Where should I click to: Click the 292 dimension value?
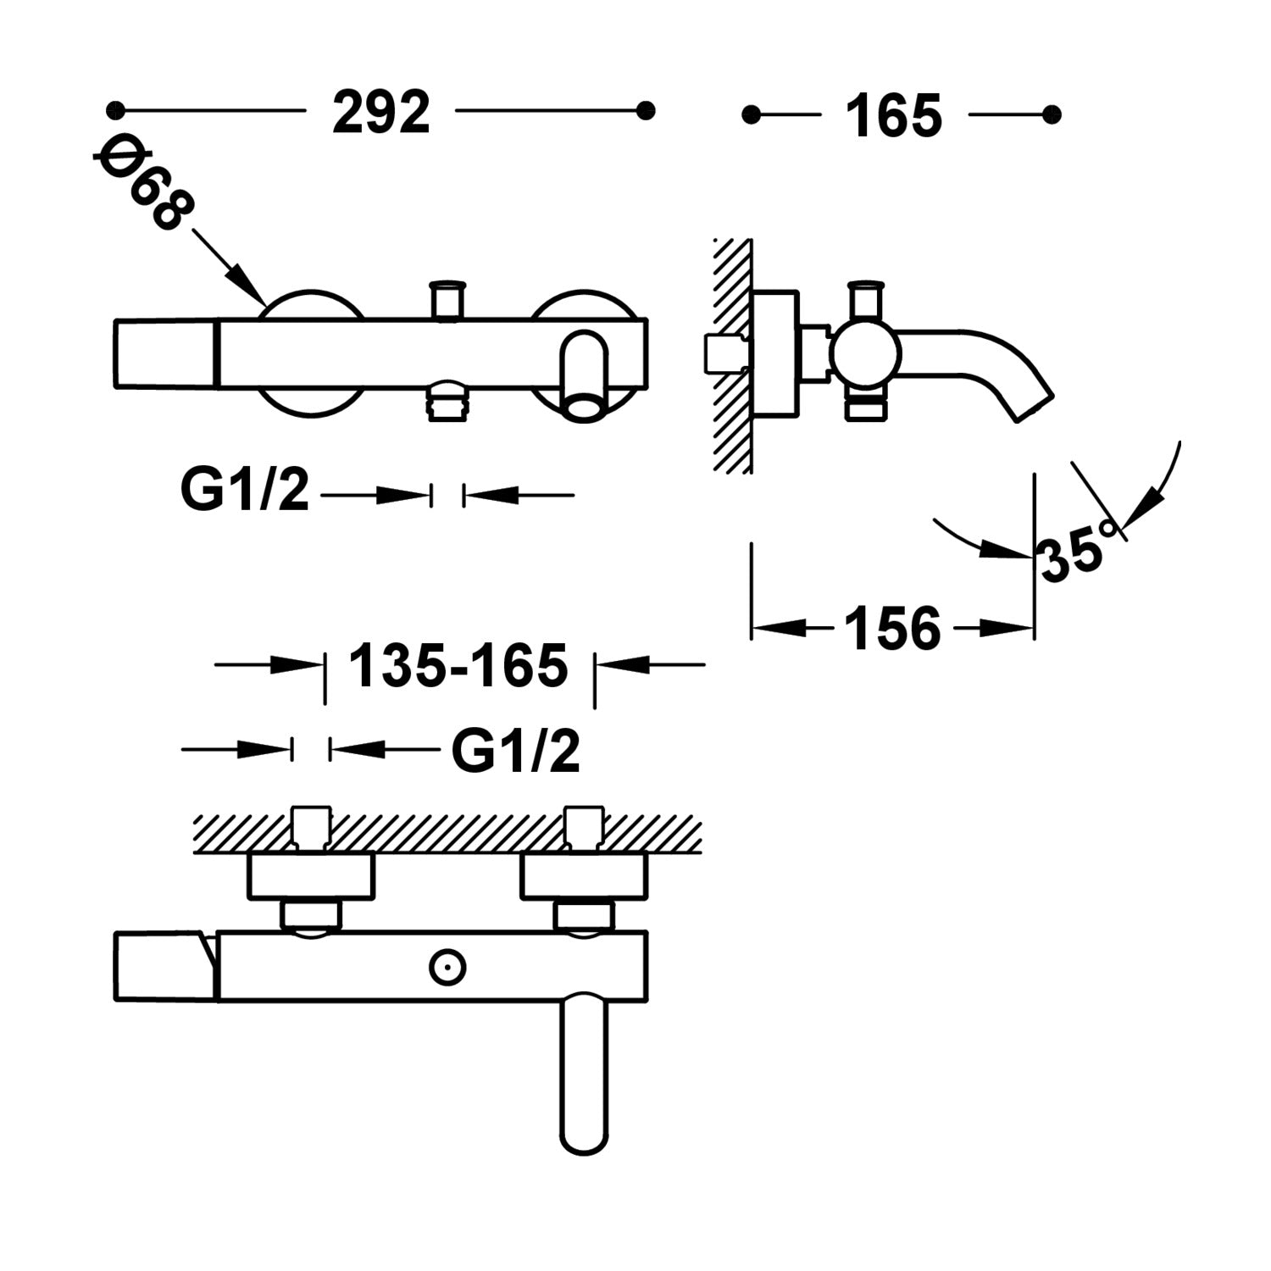(x=381, y=113)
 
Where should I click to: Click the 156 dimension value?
(x=893, y=629)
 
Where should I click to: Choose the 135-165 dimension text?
(x=458, y=665)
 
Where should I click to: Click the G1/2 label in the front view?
(x=245, y=491)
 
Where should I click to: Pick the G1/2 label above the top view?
(x=515, y=751)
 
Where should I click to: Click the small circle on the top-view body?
(x=447, y=965)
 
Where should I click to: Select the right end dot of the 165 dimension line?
(x=1052, y=114)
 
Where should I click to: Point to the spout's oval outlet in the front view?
(x=586, y=408)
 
